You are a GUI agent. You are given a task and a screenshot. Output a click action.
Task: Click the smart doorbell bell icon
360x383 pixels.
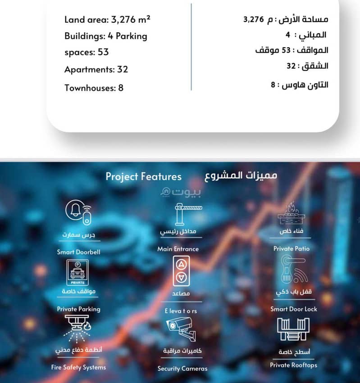pyautogui.click(x=79, y=213)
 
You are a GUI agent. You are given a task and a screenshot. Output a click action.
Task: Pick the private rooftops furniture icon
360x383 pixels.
pyautogui.click(x=293, y=330)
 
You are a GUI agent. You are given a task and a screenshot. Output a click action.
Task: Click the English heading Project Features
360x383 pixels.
pyautogui.click(x=143, y=176)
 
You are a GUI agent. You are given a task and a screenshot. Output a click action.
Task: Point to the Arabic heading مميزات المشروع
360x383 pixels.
pyautogui.click(x=241, y=175)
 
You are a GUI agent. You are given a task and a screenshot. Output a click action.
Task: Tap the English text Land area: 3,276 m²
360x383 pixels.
pyautogui.click(x=107, y=20)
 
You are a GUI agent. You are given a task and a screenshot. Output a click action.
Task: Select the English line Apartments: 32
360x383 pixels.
pyautogui.click(x=96, y=69)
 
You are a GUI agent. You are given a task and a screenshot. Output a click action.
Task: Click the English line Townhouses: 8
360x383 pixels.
pyautogui.click(x=94, y=87)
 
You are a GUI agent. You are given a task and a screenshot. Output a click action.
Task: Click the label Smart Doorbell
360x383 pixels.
pyautogui.click(x=78, y=252)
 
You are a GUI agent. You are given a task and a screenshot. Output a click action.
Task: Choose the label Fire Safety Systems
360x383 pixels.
pyautogui.click(x=78, y=367)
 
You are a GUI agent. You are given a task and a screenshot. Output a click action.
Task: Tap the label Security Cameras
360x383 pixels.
pyautogui.click(x=182, y=369)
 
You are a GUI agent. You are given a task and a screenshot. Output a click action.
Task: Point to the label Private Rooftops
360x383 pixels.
pyautogui.click(x=293, y=365)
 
